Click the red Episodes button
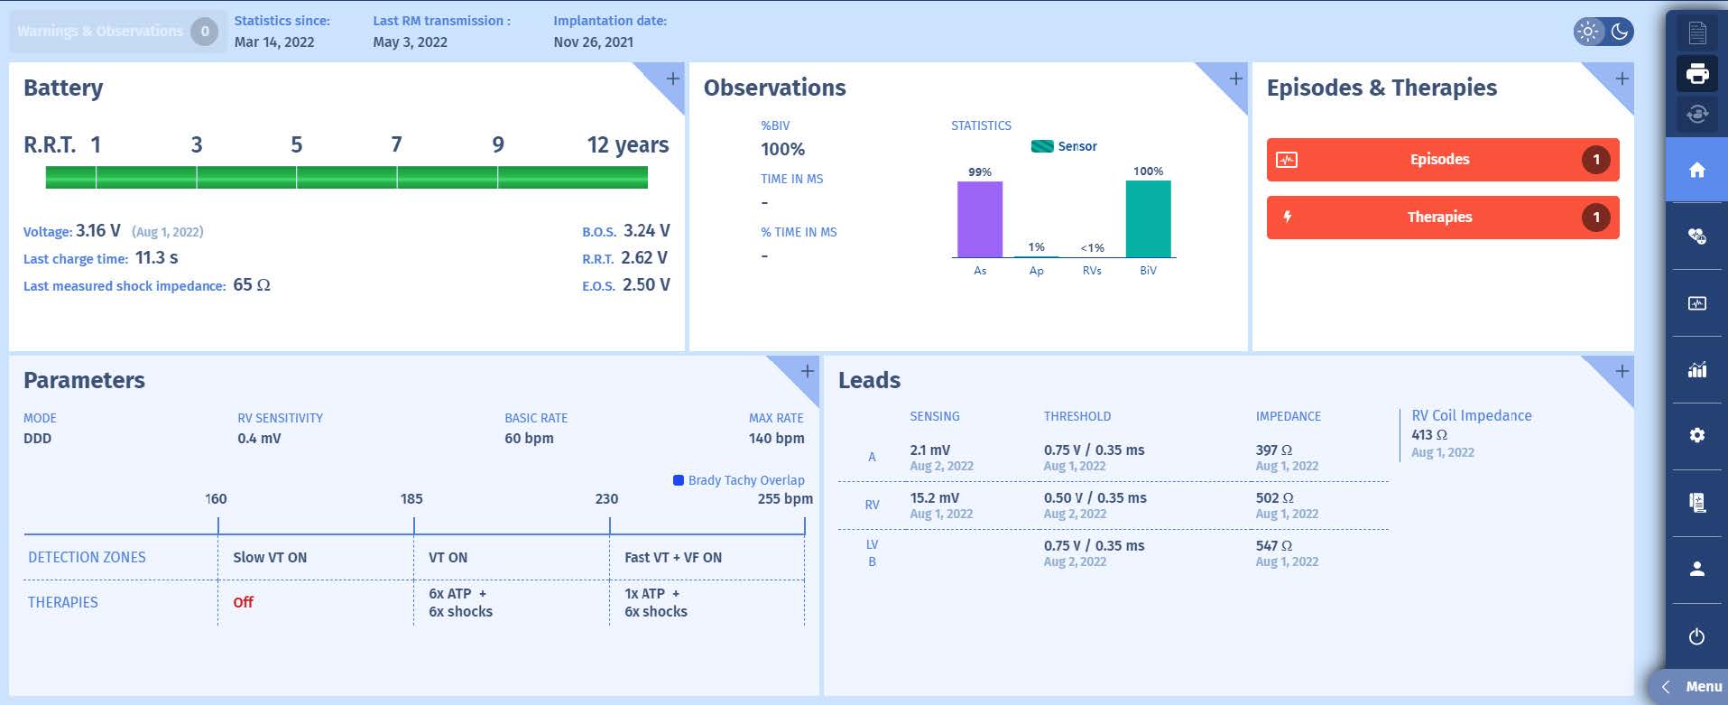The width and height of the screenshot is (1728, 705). (1441, 160)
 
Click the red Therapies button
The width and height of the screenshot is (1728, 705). (1441, 218)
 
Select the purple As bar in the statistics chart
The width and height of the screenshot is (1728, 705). (979, 219)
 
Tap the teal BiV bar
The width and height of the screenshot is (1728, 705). (1148, 219)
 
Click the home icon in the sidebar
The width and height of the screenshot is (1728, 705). (1696, 170)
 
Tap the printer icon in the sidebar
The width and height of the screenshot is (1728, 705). (1696, 74)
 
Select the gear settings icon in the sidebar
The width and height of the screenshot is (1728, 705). (1696, 435)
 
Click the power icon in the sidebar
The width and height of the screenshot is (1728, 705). (1696, 636)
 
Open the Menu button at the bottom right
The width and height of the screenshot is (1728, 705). (1693, 687)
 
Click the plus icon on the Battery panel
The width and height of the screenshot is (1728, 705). (673, 79)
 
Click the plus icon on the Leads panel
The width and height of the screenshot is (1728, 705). (1622, 371)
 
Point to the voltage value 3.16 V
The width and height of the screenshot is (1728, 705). (97, 231)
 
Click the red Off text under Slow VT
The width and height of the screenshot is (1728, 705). (243, 602)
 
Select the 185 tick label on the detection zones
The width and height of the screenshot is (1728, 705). (411, 498)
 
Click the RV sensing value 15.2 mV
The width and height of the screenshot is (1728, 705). (934, 497)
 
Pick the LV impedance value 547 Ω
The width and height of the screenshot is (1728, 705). (1273, 546)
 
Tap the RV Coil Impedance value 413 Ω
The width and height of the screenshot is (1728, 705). (1428, 434)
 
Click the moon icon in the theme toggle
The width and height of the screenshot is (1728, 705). (1620, 32)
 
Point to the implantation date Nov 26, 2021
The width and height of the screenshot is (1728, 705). (593, 42)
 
